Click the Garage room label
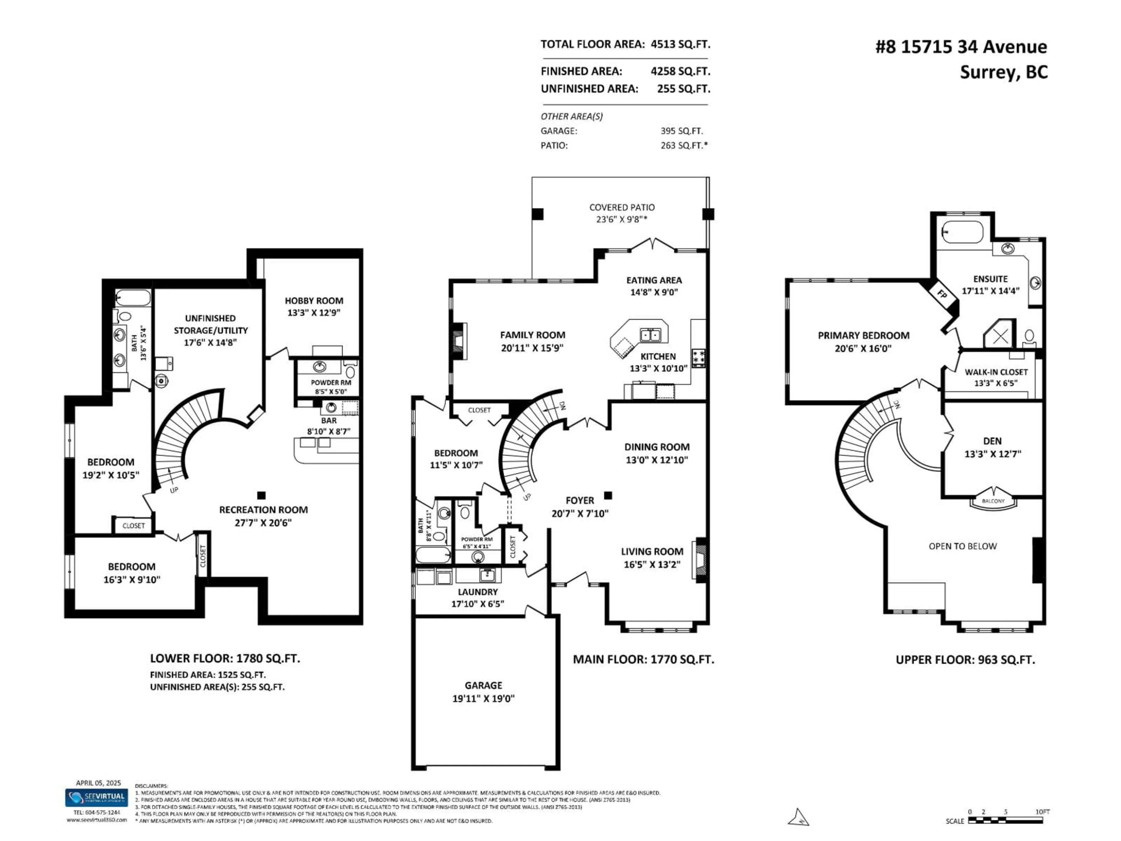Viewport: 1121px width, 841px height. point(483,685)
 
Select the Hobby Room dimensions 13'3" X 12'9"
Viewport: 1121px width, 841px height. point(314,313)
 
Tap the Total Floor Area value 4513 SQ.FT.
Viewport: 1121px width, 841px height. point(680,44)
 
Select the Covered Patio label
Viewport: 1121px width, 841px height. point(622,207)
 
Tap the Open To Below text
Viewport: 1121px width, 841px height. point(962,546)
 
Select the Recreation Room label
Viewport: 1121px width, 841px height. point(263,510)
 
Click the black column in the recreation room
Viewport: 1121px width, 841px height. point(262,495)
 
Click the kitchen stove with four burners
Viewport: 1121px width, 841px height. point(698,357)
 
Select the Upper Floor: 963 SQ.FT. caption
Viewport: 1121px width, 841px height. point(965,660)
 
